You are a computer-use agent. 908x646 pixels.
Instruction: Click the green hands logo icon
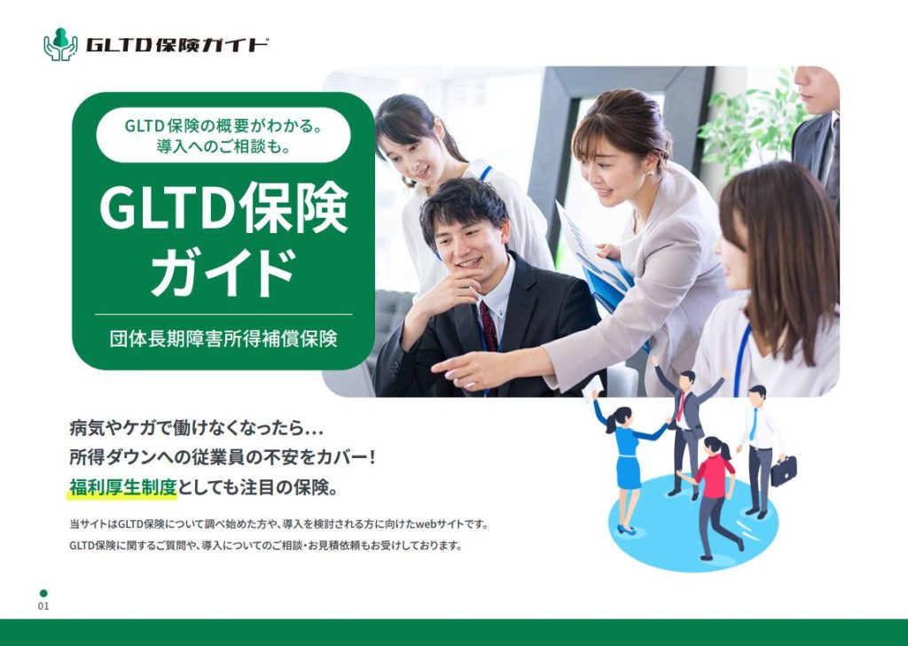tap(60, 44)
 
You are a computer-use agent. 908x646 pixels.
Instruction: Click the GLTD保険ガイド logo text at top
tap(177, 45)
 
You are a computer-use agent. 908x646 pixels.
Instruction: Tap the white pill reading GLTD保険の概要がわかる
tap(223, 136)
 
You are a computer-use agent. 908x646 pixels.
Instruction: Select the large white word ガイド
tap(223, 272)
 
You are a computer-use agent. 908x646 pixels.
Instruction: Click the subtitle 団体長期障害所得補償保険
tap(223, 338)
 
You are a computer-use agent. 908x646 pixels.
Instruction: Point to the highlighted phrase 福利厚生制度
tap(123, 487)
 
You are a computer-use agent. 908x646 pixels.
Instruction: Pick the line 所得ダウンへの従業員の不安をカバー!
tap(223, 458)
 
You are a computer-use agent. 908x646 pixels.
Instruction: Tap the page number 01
tap(43, 606)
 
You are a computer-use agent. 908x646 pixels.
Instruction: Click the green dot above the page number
tap(43, 593)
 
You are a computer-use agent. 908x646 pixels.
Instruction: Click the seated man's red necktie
tap(489, 325)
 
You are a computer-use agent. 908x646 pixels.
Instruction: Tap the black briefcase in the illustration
tap(783, 471)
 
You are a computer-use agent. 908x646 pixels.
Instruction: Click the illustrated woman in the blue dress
tap(628, 461)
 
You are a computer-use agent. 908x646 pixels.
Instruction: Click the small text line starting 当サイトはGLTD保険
tap(278, 524)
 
